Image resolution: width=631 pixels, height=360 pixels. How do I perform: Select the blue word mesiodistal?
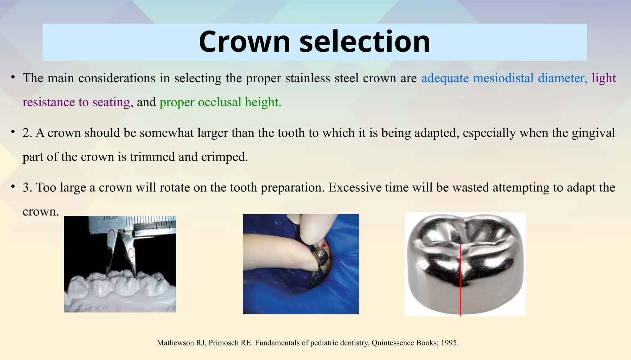pyautogui.click(x=503, y=78)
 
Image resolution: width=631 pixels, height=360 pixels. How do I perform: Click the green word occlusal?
pyautogui.click(x=220, y=102)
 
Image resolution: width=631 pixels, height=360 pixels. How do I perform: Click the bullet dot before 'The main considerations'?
pyautogui.click(x=13, y=77)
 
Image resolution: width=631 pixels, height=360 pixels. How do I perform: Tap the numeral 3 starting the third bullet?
pyautogui.click(x=26, y=187)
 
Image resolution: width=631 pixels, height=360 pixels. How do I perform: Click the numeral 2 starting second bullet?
pyautogui.click(x=26, y=133)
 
